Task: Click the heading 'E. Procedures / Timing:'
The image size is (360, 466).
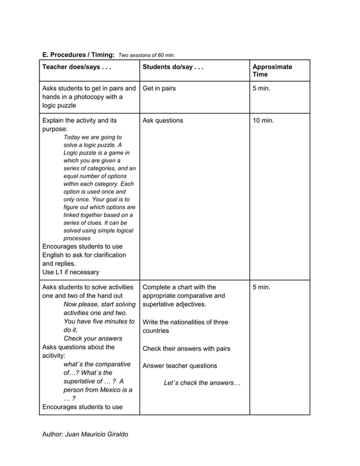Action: (78, 55)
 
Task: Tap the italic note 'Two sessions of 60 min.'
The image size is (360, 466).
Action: (147, 55)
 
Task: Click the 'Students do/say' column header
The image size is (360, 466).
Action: (173, 67)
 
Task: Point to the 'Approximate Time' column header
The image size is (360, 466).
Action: (272, 71)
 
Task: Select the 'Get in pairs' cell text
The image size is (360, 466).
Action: (159, 89)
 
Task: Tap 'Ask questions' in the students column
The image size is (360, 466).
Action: (163, 120)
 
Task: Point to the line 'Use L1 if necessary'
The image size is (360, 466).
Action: (71, 272)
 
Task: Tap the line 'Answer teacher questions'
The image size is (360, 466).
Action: (179, 366)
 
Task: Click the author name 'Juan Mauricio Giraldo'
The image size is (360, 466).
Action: (96, 434)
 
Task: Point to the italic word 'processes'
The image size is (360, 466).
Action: (77, 238)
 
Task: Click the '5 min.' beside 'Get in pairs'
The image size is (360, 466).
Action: (262, 89)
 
